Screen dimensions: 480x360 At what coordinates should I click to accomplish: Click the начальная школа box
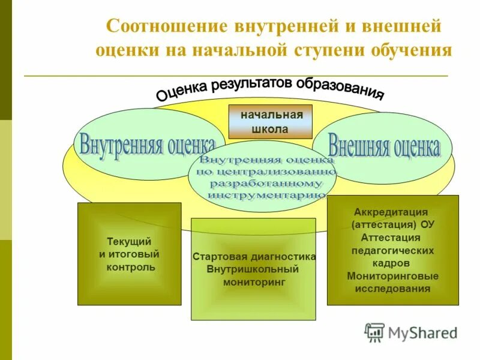pos(271,122)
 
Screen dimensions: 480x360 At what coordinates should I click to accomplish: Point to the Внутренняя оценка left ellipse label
pos(148,145)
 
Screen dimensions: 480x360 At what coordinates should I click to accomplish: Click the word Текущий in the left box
pos(129,241)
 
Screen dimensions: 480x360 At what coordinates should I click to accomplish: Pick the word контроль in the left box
pos(130,267)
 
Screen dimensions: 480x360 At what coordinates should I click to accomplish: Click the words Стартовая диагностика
pos(254,257)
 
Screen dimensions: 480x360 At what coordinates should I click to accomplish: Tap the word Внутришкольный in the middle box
pos(253,269)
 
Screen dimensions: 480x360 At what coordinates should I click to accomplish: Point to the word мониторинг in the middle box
pos(253,281)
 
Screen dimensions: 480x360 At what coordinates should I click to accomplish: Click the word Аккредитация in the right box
pos(391,212)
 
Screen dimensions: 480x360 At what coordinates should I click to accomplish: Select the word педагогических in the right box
pos(392,250)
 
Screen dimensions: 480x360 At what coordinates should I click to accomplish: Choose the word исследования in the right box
pos(392,289)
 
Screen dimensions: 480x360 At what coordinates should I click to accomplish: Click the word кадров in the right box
pos(392,263)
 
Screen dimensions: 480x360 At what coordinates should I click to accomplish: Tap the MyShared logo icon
pos(374,332)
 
